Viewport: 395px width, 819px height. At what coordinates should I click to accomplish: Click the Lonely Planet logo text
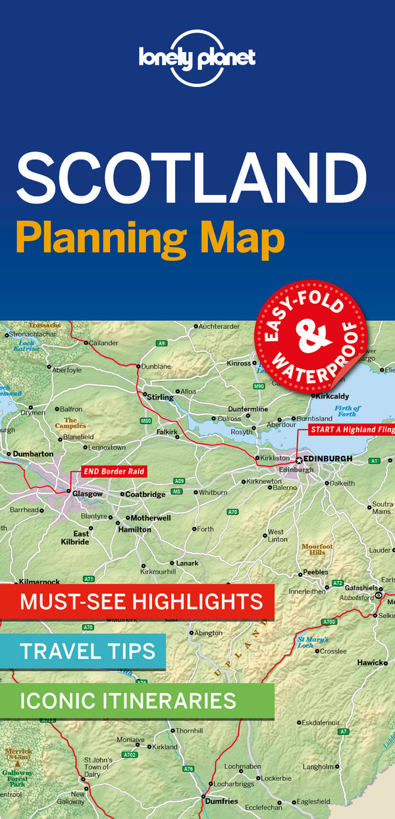click(197, 57)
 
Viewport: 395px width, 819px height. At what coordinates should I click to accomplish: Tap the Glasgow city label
click(88, 494)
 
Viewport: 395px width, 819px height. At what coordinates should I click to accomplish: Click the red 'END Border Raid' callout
click(113, 471)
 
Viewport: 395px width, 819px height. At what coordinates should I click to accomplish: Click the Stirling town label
click(160, 397)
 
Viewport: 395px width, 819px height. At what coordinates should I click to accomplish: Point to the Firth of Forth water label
click(346, 411)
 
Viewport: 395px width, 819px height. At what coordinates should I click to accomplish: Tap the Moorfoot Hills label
click(317, 549)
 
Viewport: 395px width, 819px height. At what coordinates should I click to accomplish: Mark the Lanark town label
click(186, 563)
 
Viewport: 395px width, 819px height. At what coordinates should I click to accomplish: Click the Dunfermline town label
click(248, 409)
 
